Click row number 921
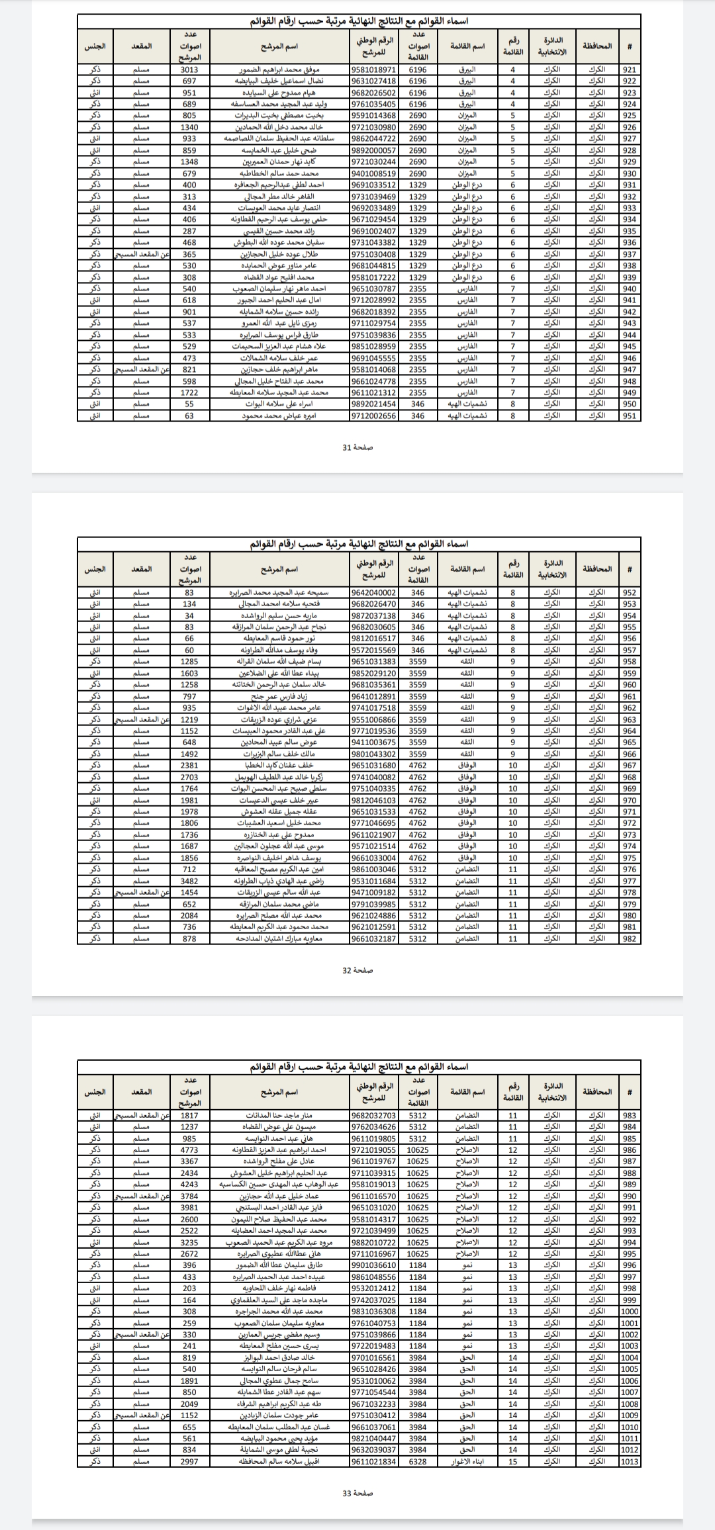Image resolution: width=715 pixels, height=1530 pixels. click(x=630, y=69)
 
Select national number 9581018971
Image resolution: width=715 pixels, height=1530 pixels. click(x=374, y=69)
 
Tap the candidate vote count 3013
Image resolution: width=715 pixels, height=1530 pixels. click(x=189, y=69)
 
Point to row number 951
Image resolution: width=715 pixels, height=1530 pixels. click(x=630, y=416)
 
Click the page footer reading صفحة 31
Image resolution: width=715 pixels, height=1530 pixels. click(x=358, y=447)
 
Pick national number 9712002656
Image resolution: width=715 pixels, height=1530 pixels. click(x=374, y=416)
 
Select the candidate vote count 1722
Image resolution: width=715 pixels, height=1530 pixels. click(x=189, y=392)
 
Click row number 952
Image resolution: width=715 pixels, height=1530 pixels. click(x=630, y=593)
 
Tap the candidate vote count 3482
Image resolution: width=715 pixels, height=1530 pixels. click(x=189, y=881)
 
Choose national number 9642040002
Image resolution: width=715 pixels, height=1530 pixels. click(x=374, y=593)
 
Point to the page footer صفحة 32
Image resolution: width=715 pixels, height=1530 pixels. click(x=358, y=970)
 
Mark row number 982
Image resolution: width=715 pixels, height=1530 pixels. click(x=630, y=939)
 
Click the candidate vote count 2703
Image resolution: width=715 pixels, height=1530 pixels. click(x=189, y=778)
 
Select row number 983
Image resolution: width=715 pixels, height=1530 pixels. click(x=630, y=1116)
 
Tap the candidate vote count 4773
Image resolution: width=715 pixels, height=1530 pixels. click(x=189, y=1150)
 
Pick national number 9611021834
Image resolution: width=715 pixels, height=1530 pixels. click(x=374, y=1462)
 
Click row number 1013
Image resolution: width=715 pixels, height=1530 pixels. click(x=630, y=1462)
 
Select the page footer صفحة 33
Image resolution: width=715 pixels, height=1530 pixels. click(x=358, y=1494)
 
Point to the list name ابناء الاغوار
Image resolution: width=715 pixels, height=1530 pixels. click(x=467, y=1462)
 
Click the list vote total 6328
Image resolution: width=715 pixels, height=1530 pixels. click(x=418, y=1462)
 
